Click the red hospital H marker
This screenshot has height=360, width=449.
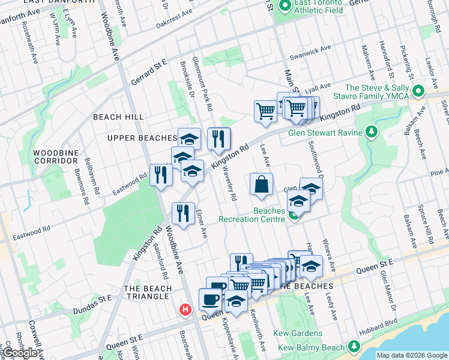tap(185, 310)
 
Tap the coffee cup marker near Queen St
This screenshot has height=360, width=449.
tap(210, 299)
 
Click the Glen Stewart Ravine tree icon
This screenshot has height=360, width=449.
tap(372, 131)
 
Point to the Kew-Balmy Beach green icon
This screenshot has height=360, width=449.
tap(354, 347)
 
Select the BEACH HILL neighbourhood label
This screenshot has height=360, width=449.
tap(118, 117)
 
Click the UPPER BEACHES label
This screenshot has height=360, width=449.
tap(142, 138)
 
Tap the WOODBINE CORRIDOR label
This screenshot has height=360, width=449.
tap(56, 157)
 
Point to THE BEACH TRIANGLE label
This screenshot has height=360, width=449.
tap(148, 292)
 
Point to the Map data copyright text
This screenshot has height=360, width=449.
tap(411, 355)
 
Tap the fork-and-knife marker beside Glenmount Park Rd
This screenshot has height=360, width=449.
tap(219, 139)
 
